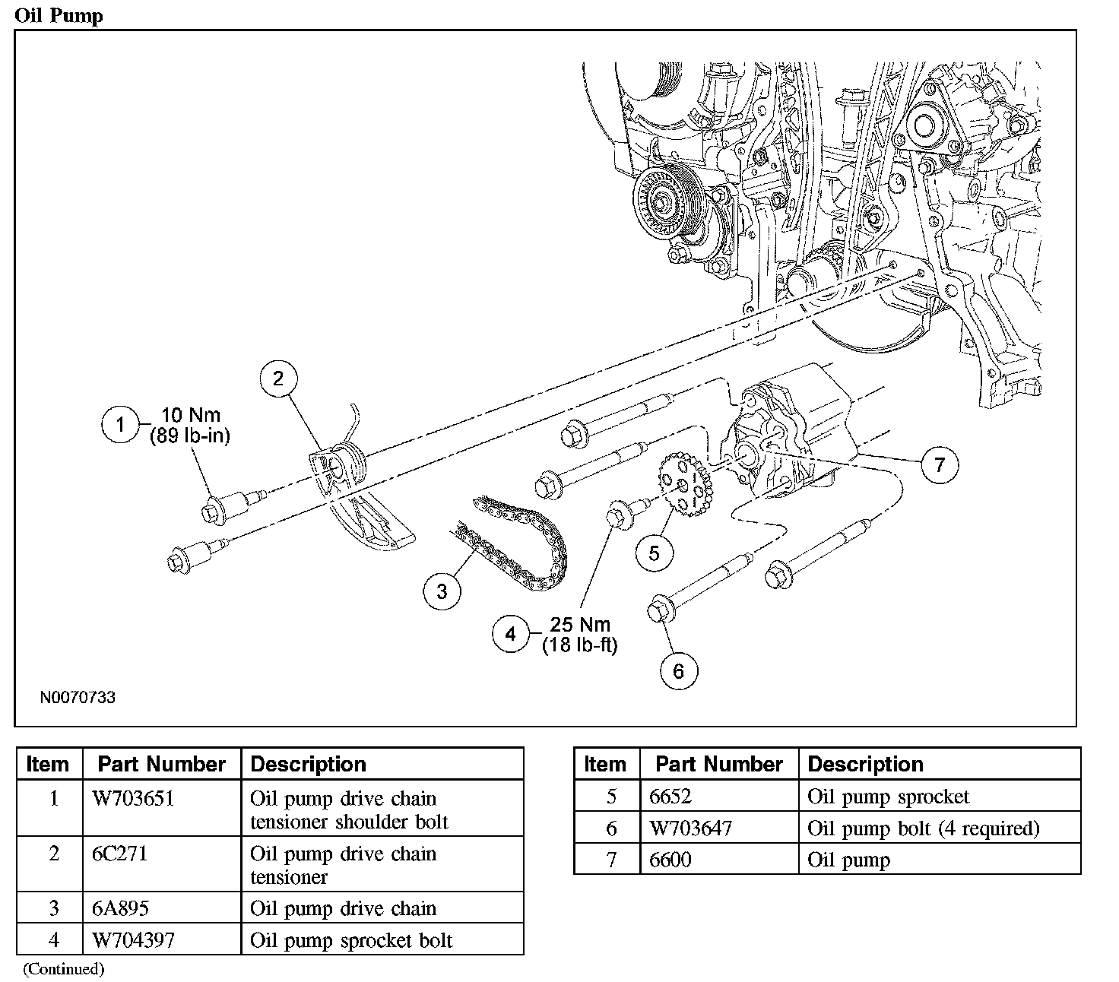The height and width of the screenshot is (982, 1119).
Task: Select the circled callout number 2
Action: click(278, 379)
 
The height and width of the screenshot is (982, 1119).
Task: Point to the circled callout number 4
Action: click(510, 634)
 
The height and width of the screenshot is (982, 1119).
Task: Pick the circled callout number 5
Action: click(655, 553)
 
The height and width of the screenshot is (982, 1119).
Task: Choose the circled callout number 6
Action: click(678, 670)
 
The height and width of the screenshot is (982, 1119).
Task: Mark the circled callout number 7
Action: click(940, 464)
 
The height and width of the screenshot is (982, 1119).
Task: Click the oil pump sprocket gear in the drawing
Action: click(684, 483)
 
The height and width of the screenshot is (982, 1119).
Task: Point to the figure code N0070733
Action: click(78, 697)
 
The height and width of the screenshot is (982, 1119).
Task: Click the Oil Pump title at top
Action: click(59, 15)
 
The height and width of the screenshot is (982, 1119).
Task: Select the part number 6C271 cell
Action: click(119, 854)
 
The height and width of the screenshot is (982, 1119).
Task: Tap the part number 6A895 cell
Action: click(121, 908)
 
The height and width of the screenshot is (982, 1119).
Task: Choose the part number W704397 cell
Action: click(133, 940)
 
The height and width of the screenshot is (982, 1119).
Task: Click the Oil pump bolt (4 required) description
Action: click(923, 828)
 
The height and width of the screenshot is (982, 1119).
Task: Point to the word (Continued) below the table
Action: click(64, 969)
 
